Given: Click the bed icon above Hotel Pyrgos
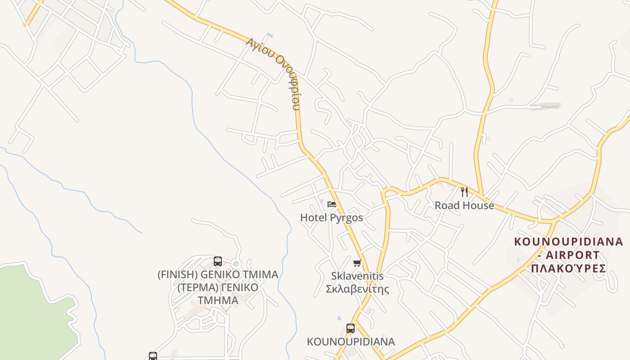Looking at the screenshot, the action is tap(332, 204).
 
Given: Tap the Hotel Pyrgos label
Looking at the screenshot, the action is tap(331, 218).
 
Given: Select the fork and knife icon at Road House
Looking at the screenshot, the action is tap(464, 192).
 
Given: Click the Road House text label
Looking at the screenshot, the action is tap(464, 206).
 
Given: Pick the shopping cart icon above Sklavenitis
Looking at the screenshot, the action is tap(357, 263).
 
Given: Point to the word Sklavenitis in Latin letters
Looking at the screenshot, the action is tap(357, 275).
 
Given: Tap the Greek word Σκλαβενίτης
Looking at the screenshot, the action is tap(357, 288).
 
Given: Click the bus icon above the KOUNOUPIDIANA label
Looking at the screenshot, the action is tap(351, 328).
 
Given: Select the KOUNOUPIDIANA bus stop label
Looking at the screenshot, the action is tap(351, 342).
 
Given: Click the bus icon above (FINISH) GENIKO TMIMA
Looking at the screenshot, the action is tap(218, 261).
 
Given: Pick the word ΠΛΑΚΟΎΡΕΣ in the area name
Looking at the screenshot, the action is tap(568, 269).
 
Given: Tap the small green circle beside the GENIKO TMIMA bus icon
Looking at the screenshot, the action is tap(236, 264).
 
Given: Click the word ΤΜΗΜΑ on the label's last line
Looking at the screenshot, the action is tap(218, 300).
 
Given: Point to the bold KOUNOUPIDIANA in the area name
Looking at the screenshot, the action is tap(568, 242).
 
